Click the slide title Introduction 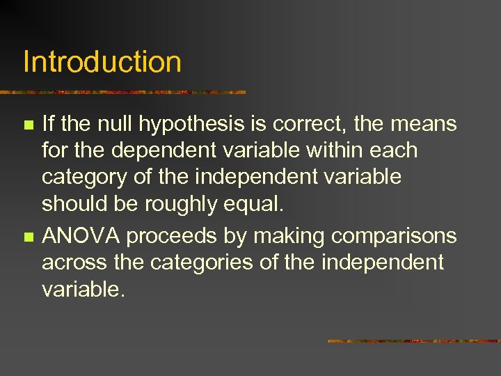click(x=102, y=61)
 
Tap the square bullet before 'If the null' click(x=28, y=125)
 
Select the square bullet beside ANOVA click(x=28, y=237)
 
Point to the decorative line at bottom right click(x=414, y=341)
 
